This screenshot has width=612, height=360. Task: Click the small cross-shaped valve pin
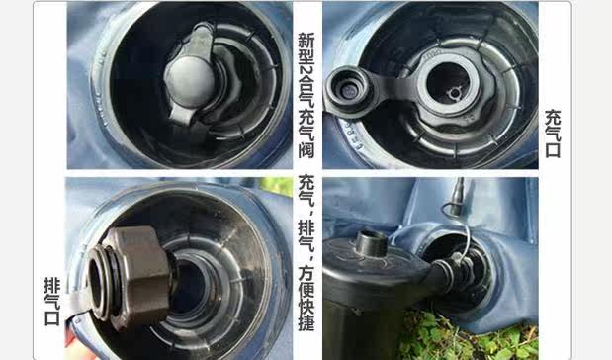tap(454, 94)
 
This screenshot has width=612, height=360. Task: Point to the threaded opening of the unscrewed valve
tap(97, 280)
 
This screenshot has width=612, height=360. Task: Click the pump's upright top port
tap(371, 243)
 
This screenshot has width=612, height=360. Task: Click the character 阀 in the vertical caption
tap(306, 148)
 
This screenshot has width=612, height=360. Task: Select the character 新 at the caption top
tap(306, 41)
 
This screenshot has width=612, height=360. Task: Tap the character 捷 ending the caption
tap(306, 322)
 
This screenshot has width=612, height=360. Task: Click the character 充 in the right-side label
tap(553, 118)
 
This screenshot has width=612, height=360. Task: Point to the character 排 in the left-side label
tap(52, 286)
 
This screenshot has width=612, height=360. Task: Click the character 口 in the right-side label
tap(553, 150)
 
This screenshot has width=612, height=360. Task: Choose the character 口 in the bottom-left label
tap(52, 318)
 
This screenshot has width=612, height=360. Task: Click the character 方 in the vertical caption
tap(306, 273)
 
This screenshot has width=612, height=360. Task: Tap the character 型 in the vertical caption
tap(306, 57)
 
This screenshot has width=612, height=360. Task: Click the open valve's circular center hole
tap(449, 87)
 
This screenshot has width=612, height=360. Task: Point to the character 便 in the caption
tap(306, 290)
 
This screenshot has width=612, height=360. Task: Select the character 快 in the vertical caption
tap(306, 307)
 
